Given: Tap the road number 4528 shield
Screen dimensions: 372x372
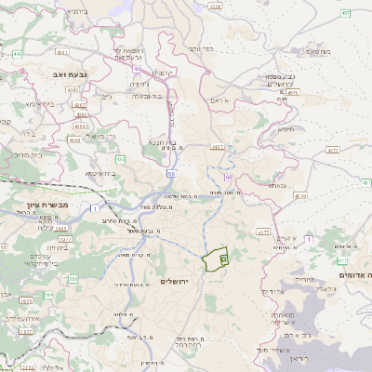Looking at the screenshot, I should tap(216, 7).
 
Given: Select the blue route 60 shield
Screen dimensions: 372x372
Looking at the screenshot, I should tap(227, 165).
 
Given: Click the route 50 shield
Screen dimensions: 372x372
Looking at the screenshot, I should tap(171, 173).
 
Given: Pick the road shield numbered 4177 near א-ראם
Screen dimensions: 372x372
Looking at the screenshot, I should tap(219, 146).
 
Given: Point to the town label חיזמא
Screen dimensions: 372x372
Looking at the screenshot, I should tap(286, 130).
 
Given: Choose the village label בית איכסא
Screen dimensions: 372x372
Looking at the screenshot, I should tap(100, 173).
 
